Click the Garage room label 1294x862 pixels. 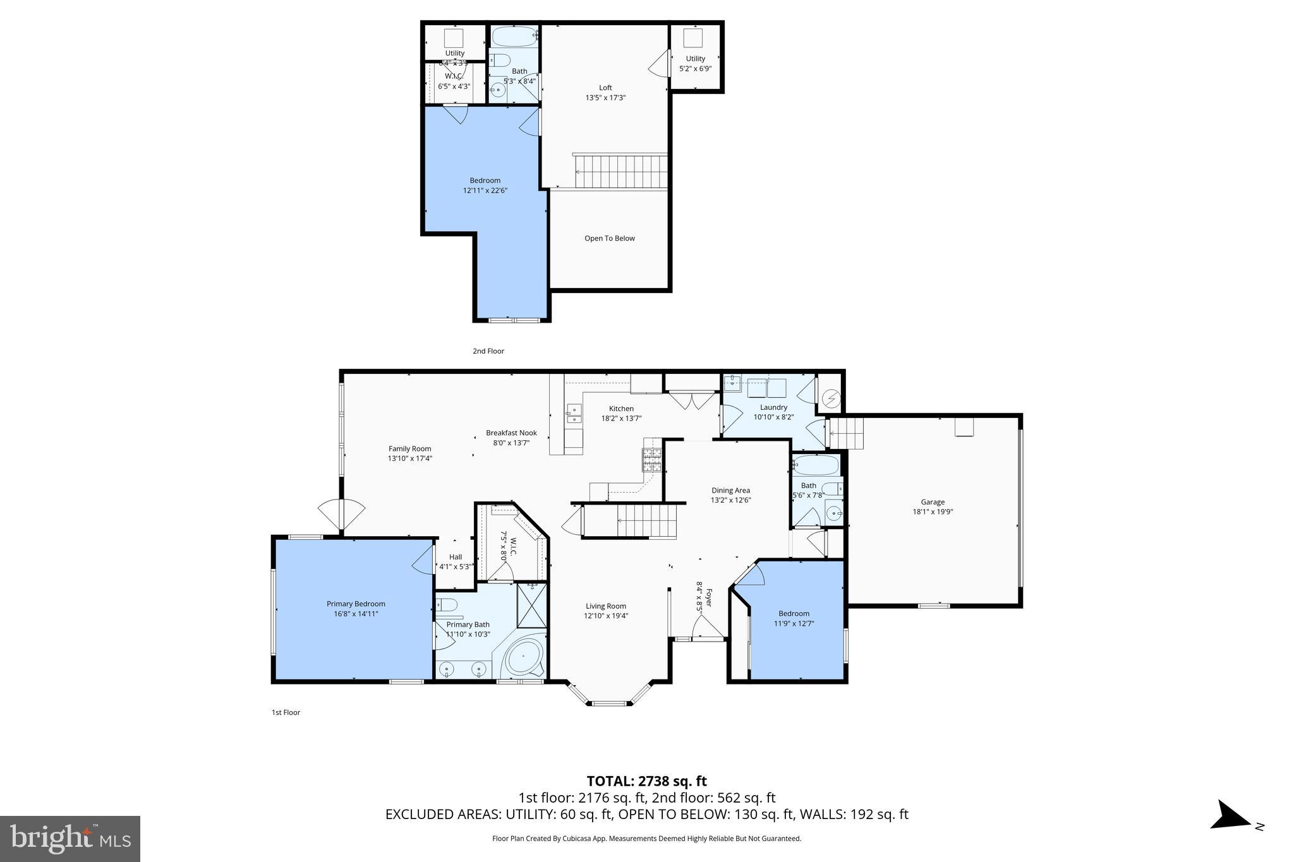[x=932, y=502]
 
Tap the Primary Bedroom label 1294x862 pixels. [x=356, y=604]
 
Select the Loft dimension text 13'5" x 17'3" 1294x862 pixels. [x=605, y=98]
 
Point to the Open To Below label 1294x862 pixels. [x=609, y=238]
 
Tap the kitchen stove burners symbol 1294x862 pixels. [x=652, y=460]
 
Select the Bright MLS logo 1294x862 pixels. [x=70, y=839]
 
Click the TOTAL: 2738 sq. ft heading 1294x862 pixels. [x=646, y=781]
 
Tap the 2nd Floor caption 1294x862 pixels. [x=488, y=351]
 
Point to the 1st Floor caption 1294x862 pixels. [x=286, y=712]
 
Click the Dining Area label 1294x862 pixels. [x=730, y=490]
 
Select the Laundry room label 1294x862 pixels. [x=773, y=407]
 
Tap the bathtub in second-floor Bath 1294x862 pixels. [x=514, y=37]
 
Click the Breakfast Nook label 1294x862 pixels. [x=511, y=433]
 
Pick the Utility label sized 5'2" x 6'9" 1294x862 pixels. [x=695, y=59]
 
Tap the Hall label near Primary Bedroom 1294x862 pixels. [x=455, y=557]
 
